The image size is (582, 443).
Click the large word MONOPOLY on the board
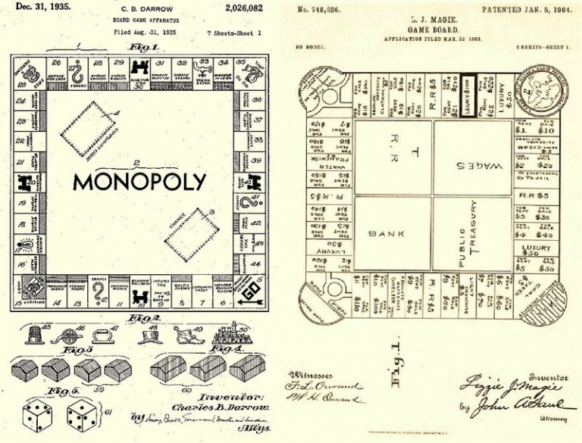pyautogui.click(x=139, y=182)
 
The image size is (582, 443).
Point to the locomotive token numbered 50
pyautogui.click(x=230, y=334)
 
